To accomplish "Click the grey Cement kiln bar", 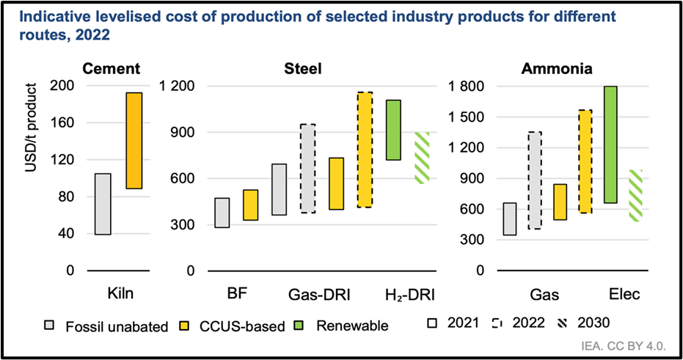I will pos(103,204).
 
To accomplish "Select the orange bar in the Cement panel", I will pos(134,141).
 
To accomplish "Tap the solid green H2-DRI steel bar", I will pos(393,130).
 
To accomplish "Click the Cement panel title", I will pos(112,69).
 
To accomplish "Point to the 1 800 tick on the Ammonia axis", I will pos(467,87).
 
